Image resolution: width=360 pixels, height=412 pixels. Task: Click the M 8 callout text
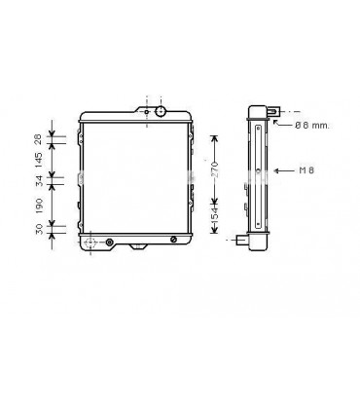306,170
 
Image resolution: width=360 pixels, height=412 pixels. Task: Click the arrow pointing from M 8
283,170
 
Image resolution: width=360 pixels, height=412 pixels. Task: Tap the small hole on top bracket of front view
147,113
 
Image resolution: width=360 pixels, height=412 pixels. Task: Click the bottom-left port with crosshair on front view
90,241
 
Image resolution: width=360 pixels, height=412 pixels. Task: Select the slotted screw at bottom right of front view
173,240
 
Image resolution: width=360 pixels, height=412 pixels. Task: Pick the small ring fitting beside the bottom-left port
109,241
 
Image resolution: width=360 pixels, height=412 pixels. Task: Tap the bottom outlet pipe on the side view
242,237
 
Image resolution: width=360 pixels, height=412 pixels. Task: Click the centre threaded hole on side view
258,171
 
